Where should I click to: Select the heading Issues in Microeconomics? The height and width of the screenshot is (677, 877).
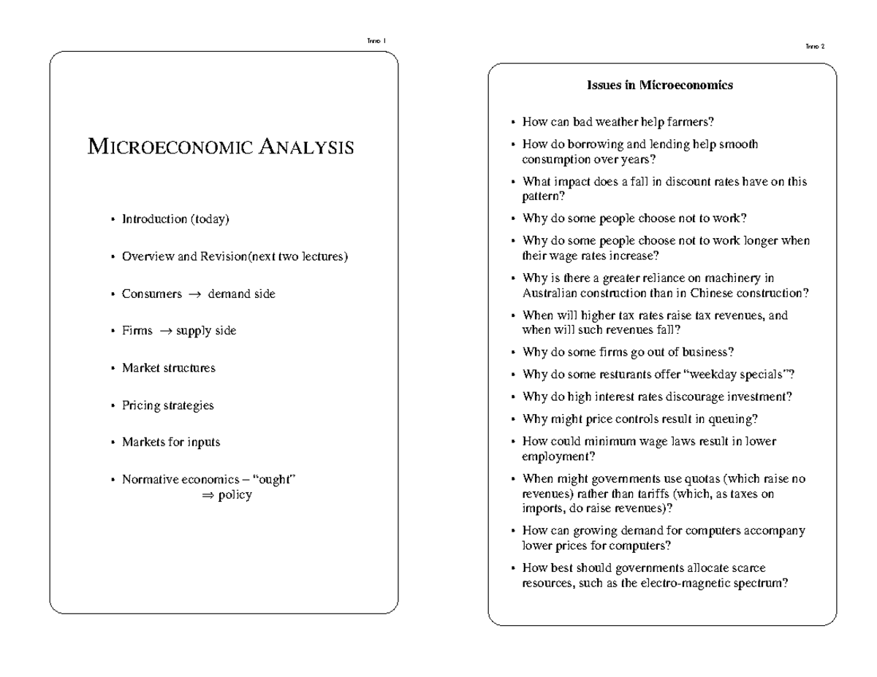[660, 85]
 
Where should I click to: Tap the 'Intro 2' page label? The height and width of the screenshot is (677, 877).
[814, 46]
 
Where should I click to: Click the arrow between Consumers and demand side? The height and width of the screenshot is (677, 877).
[194, 294]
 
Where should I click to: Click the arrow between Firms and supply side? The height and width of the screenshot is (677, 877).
[165, 332]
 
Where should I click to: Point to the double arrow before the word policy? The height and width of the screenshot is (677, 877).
[206, 495]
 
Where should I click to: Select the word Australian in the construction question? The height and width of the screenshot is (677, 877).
[548, 293]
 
